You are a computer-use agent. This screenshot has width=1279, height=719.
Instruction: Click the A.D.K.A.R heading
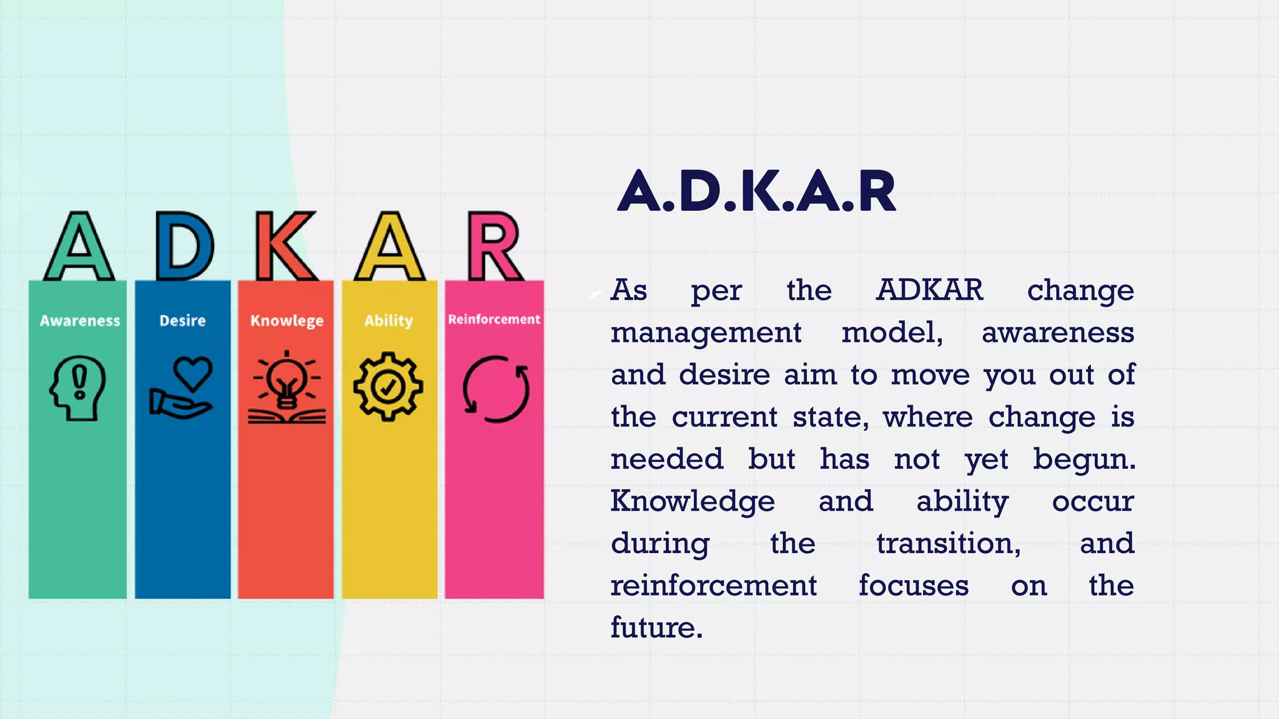(x=756, y=192)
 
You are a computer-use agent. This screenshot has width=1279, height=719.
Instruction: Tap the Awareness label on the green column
(x=80, y=321)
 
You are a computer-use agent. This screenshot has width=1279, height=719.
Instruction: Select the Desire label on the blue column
(x=182, y=321)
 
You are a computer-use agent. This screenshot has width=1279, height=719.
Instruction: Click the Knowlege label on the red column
(x=287, y=321)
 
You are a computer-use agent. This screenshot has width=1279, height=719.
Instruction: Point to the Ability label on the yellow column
(x=388, y=321)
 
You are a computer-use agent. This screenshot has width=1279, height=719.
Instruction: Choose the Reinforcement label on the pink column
(x=494, y=320)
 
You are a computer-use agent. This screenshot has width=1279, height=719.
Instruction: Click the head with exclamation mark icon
(x=77, y=388)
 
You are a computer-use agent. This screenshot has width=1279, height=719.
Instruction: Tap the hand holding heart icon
(x=182, y=388)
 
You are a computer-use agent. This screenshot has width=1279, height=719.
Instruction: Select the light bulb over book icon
(x=287, y=388)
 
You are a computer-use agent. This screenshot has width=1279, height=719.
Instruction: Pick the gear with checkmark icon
(x=388, y=386)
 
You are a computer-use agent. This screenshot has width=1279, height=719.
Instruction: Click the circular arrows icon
(x=496, y=389)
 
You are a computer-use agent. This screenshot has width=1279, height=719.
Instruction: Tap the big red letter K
(x=285, y=247)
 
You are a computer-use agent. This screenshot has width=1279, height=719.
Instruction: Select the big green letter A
(x=79, y=247)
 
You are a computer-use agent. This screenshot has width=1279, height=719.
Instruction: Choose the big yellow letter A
(x=390, y=247)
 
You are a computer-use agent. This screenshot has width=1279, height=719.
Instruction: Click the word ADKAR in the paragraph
(x=929, y=290)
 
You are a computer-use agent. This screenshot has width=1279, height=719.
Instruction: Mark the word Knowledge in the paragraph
(x=693, y=501)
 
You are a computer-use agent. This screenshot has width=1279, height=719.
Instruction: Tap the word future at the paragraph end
(x=656, y=627)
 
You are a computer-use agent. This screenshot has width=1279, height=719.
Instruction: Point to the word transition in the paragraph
(x=948, y=544)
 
